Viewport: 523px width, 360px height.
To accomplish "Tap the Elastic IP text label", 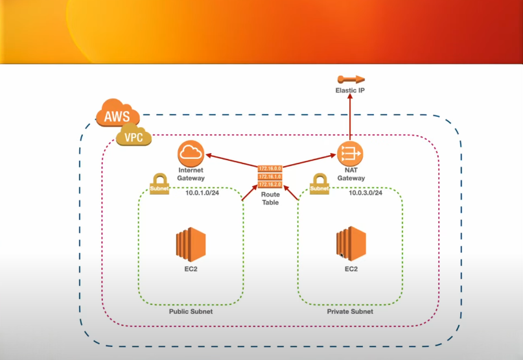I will (x=350, y=90).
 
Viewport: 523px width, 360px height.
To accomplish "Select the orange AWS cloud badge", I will (x=117, y=115).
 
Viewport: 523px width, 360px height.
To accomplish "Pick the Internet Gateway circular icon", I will (x=191, y=153).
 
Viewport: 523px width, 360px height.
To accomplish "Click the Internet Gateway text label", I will (x=191, y=174).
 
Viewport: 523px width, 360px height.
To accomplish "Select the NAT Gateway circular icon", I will (x=350, y=154).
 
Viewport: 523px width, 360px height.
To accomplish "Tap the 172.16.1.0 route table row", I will (x=270, y=176).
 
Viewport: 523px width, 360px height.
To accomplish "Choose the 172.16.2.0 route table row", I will (x=270, y=184).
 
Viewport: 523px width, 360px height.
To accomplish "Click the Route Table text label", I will (x=270, y=198).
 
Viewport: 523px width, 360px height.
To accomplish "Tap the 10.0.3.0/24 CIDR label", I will (x=366, y=193).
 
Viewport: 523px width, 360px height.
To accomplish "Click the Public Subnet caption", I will (x=191, y=311).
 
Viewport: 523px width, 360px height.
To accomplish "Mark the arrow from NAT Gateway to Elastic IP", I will (x=350, y=120).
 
